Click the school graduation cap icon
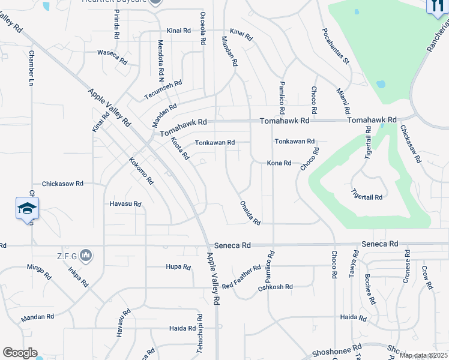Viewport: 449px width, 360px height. coord(27,208)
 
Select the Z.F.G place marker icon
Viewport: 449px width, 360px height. coord(86,256)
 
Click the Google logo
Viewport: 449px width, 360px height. coord(20,353)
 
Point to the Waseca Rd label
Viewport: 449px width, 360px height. coord(113,56)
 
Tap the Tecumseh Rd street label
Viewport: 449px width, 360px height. coord(163,91)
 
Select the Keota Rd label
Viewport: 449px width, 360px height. coord(180,148)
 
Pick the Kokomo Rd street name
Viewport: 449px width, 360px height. coord(142,171)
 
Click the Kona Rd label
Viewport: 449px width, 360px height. coord(279,163)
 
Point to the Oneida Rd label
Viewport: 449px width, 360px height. coord(250,212)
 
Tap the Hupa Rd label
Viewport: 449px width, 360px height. coord(178,266)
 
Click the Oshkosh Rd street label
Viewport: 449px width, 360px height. coord(275,287)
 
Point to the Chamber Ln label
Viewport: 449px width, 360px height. coord(31,67)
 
